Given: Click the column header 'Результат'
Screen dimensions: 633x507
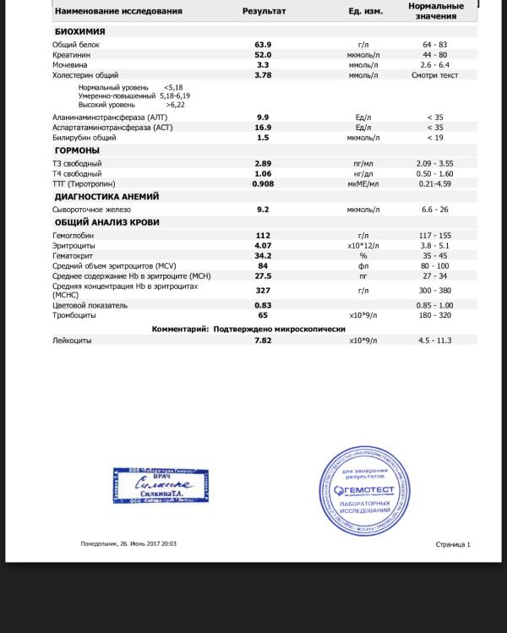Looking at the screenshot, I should [264, 12].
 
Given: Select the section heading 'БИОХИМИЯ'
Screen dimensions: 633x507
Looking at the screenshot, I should [80, 31].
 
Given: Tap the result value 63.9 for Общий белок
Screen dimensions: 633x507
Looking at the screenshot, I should [263, 44].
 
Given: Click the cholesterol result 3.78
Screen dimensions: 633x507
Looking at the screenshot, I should [263, 75].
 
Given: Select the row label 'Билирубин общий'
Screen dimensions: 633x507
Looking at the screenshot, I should [84, 137].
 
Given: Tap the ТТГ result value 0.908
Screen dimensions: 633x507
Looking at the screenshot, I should [263, 183].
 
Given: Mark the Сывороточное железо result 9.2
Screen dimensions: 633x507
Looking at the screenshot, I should [263, 210].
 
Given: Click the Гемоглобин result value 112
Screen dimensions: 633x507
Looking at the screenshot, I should [263, 236].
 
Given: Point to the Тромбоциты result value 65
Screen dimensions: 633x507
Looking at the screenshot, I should [263, 315].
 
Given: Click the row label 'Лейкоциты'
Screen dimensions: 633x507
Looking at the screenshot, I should [72, 341].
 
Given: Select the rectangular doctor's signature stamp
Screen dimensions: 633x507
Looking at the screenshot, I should [161, 485].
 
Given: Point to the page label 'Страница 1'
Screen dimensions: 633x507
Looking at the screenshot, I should [453, 545].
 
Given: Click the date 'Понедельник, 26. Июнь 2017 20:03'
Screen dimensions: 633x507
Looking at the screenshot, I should [128, 544].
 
